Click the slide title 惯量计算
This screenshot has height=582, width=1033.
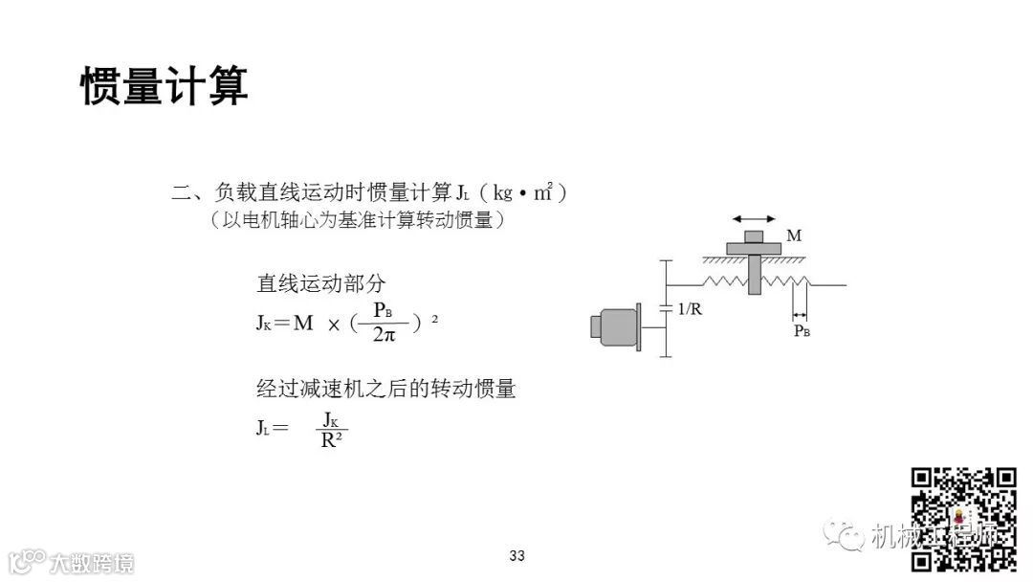(165, 86)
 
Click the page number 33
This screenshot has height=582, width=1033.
(517, 556)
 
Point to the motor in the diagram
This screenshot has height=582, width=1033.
(617, 324)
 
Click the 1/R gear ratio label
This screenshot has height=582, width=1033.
(690, 309)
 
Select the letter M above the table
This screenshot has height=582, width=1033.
(793, 235)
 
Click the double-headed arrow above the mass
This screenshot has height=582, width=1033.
(754, 218)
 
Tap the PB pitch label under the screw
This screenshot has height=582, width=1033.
(802, 331)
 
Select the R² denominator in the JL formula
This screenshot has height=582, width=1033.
(333, 440)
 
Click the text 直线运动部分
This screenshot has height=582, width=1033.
(321, 283)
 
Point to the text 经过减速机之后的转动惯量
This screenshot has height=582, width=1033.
(386, 389)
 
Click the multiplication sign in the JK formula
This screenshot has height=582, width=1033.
(334, 325)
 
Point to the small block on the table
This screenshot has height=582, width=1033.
(754, 236)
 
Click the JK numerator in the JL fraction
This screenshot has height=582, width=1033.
(331, 419)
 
